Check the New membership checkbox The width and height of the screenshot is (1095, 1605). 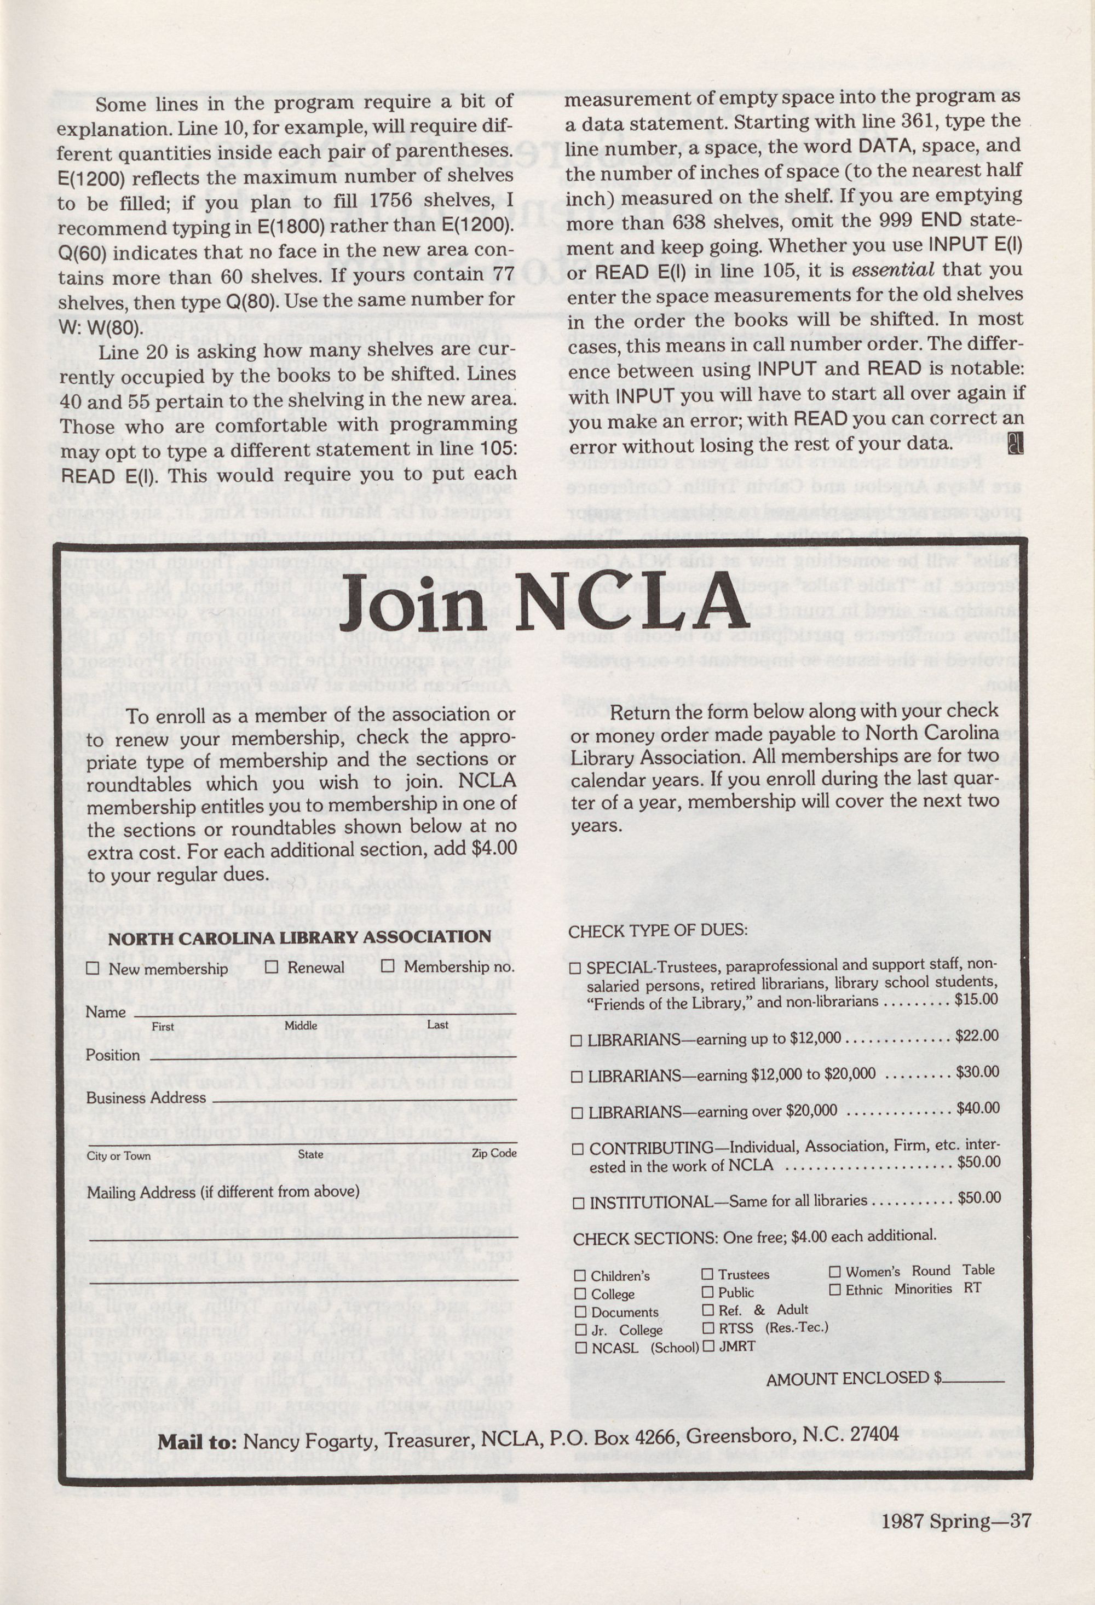click(93, 968)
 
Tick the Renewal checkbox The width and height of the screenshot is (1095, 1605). click(272, 967)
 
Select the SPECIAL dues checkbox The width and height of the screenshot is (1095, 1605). click(575, 968)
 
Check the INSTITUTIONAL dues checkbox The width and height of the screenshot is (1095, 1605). click(579, 1203)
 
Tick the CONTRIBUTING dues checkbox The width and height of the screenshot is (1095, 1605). click(578, 1148)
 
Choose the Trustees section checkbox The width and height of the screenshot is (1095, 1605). click(708, 1274)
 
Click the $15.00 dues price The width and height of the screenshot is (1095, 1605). click(977, 999)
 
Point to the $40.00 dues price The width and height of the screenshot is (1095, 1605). click(978, 1108)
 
